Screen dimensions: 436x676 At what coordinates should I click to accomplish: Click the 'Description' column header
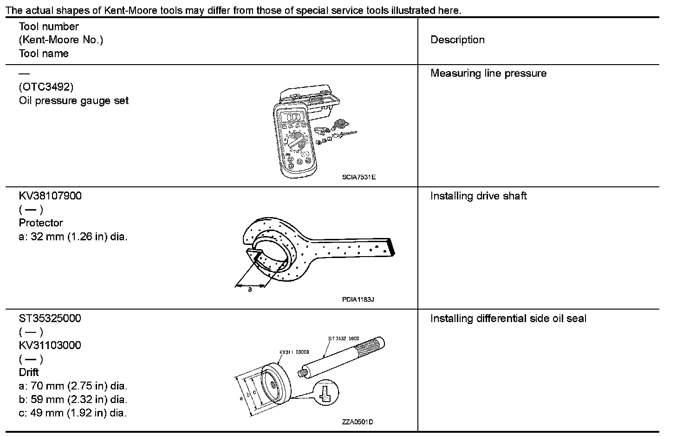pos(457,40)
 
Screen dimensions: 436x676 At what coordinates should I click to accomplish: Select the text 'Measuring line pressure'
pos(488,73)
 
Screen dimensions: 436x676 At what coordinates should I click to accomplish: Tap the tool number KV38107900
pos(50,196)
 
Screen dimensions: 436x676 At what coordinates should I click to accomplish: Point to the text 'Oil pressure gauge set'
pos(74,101)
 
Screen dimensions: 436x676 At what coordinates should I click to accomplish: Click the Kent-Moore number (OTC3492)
pos(46,87)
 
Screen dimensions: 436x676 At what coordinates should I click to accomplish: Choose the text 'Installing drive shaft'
pos(478,196)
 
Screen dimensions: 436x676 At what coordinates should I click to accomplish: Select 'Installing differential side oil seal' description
pos(508,319)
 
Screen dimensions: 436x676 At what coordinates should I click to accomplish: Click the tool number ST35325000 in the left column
pos(50,318)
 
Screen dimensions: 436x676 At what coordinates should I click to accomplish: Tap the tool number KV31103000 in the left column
pos(50,345)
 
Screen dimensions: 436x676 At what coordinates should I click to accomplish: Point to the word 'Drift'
pos(29,372)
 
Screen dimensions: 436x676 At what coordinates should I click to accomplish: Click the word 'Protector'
pos(41,223)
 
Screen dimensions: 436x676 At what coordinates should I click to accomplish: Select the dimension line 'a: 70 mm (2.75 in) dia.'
pos(73,386)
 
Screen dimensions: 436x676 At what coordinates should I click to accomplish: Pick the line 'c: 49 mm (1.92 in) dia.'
pos(73,413)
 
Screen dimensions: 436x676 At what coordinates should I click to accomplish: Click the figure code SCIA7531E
pos(358,177)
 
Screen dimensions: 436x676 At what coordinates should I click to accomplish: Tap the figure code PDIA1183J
pos(358,299)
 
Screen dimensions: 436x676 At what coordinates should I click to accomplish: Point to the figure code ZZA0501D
pos(357,422)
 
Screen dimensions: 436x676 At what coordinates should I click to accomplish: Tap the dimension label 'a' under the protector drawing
pos(250,290)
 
